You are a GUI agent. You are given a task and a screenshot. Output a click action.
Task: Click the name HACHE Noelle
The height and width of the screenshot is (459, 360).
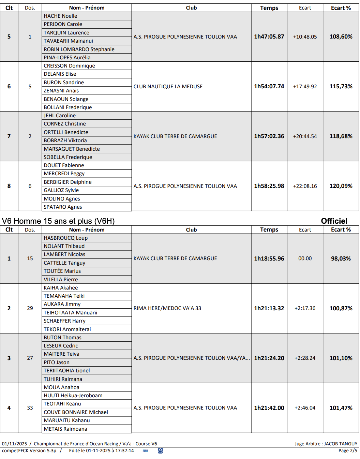pos(60,16)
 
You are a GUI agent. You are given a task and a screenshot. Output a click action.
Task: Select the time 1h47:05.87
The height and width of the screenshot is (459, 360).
pos(269,36)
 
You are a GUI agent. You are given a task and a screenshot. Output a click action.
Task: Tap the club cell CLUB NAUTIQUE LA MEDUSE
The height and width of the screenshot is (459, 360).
pos(168,87)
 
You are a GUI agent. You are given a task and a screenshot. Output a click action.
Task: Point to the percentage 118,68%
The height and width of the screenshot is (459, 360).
pos(341,136)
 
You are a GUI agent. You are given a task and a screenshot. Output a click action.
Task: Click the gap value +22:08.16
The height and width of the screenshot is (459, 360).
pos(305,186)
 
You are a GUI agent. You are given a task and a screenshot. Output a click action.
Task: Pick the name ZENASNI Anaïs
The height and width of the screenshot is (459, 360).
pos(61,91)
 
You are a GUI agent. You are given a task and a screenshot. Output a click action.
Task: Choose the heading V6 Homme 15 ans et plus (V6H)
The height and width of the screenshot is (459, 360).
pos(58,221)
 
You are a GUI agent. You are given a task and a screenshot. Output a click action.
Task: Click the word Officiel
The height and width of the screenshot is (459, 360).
pos(334,221)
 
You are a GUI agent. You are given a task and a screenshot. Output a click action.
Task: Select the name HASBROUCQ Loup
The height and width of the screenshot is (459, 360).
pos(65,238)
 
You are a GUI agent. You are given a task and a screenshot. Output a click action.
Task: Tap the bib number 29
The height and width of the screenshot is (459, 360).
pos(30,308)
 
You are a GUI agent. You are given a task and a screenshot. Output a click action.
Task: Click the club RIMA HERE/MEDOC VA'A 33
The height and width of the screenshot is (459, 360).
pos(167,308)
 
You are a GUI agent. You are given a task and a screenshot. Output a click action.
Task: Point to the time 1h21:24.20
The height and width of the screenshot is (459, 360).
pos(269,358)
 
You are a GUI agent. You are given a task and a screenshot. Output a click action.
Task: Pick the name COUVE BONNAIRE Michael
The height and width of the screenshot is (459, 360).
pos(76,412)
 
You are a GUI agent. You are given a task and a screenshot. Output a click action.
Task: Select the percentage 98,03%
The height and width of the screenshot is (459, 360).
pos(341,258)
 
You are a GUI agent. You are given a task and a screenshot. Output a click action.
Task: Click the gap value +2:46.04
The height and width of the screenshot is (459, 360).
pos(305,408)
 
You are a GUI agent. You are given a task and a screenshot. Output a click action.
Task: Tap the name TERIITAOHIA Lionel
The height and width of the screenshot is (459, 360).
pos(67,371)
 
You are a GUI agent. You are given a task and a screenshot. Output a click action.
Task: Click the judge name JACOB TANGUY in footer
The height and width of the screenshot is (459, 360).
pos(341,444)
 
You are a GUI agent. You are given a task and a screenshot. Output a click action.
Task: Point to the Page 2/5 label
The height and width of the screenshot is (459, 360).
pos(348,450)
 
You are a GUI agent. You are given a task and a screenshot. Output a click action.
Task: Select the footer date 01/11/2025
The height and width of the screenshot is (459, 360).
pos(14,444)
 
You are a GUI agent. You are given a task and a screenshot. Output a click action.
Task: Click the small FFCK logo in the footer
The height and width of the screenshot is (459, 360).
pos(146,451)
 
